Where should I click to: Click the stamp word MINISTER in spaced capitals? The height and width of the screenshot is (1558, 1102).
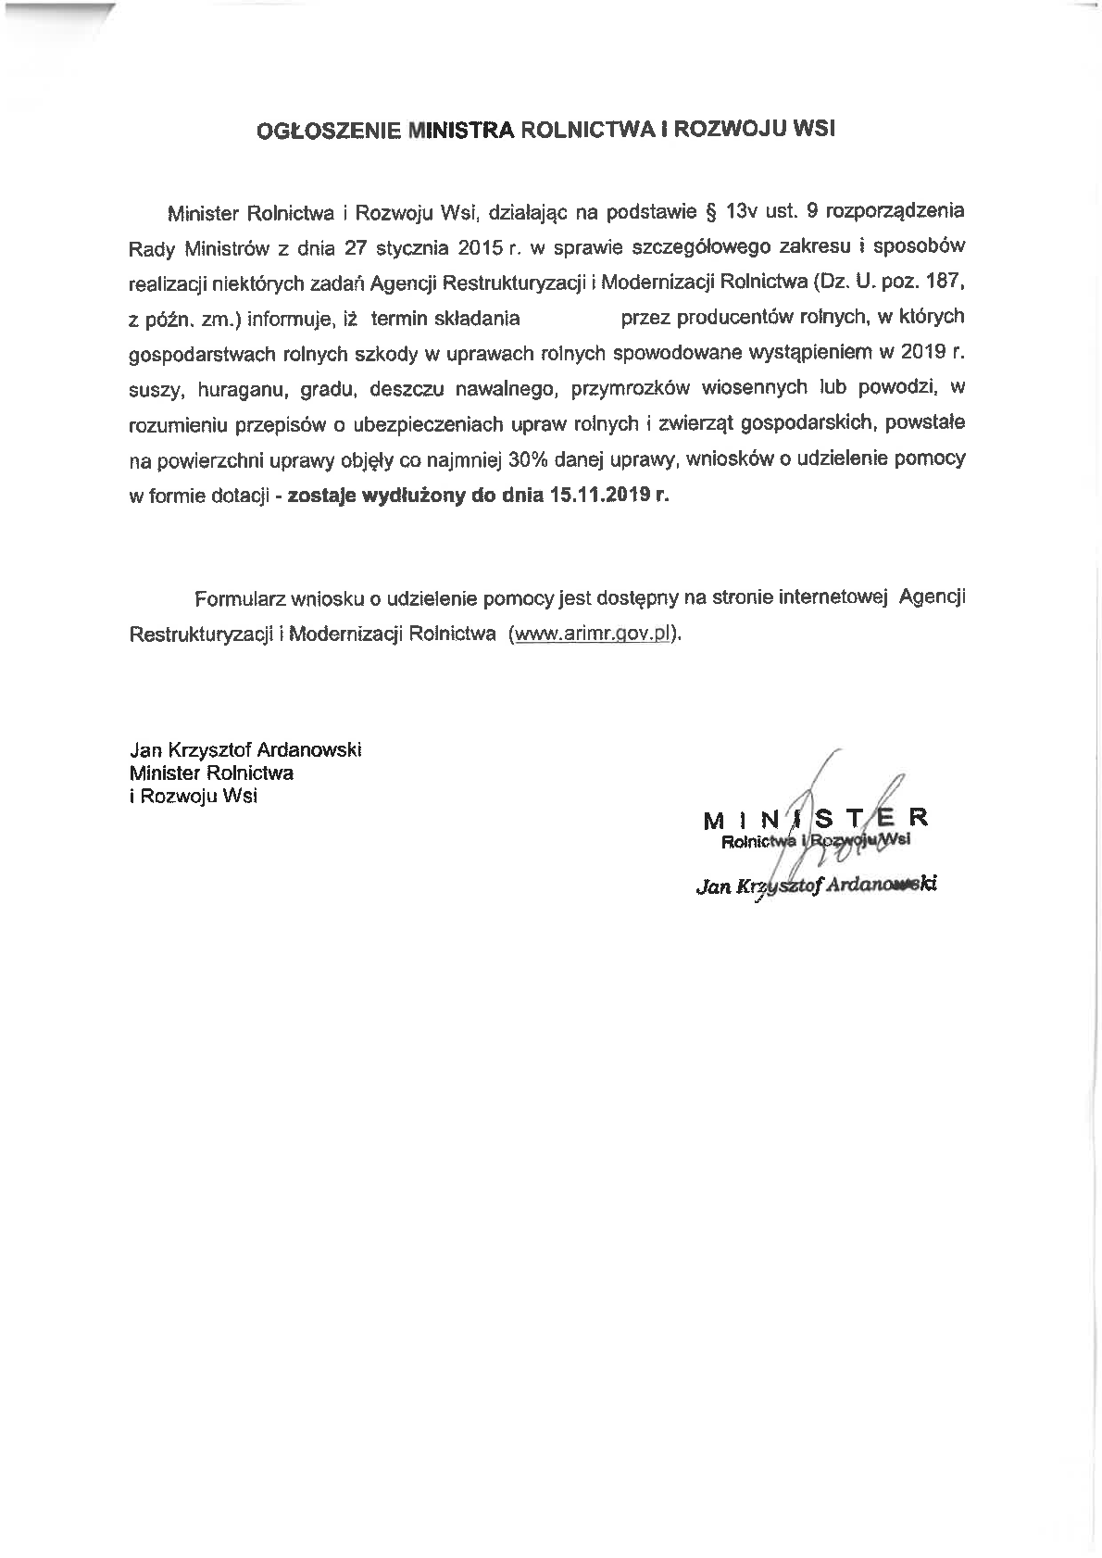tap(815, 819)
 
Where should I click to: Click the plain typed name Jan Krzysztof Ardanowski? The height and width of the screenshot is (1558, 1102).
tap(245, 748)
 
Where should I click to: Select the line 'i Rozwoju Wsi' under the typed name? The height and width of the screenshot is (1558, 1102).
tap(194, 795)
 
